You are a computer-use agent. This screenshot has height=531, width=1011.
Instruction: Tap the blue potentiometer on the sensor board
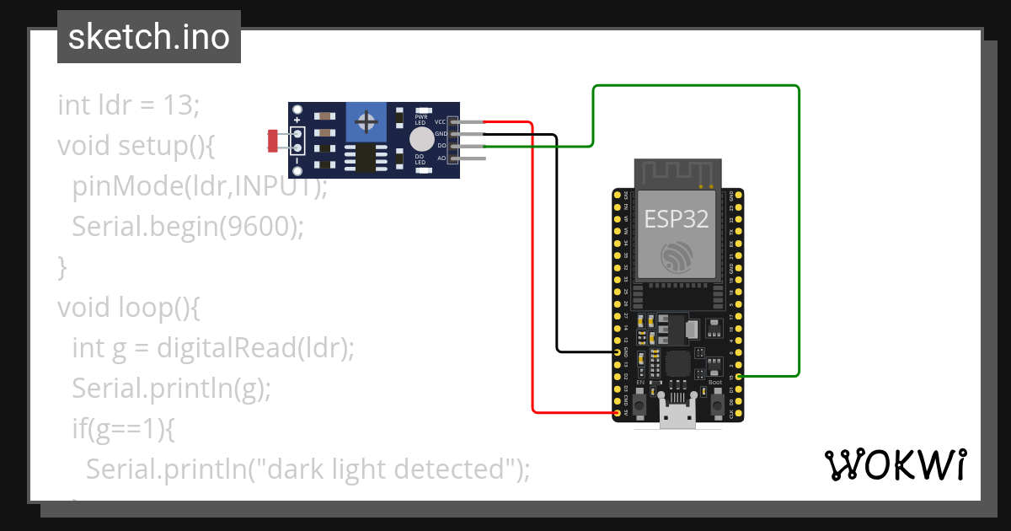(x=366, y=122)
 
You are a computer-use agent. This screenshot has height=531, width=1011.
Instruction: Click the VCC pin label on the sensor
(x=441, y=122)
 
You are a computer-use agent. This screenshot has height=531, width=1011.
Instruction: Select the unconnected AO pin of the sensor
(x=474, y=158)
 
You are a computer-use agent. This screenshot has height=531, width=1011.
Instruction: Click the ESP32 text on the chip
(x=677, y=219)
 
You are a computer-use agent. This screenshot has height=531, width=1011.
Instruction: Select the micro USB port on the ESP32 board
(x=677, y=416)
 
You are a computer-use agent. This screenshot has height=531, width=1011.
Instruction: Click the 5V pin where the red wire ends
(x=618, y=413)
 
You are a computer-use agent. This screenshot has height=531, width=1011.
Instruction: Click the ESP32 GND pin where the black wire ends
(x=618, y=351)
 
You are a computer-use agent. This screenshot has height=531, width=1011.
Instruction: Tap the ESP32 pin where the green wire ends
(x=739, y=376)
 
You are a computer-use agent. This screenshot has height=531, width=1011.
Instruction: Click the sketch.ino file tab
(x=149, y=37)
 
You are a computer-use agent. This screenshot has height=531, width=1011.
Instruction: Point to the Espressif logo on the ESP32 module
(x=677, y=257)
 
